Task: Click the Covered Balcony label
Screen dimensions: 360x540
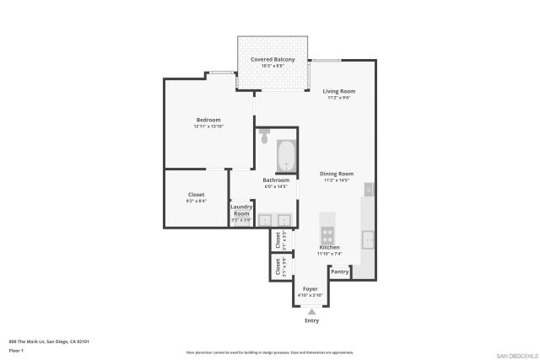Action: coord(273,59)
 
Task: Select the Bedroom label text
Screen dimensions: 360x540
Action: coord(208,121)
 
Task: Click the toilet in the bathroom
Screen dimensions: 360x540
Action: coord(264,135)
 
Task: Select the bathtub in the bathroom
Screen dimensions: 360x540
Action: coord(285,155)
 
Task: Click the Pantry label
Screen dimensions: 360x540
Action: coord(340,271)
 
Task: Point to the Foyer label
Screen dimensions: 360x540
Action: coord(311,289)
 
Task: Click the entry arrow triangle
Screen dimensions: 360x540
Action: coord(311,312)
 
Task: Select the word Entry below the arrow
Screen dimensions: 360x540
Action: coord(311,321)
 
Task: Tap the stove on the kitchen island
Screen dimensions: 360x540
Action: coord(327,234)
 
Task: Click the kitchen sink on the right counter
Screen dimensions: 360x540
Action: coord(369,239)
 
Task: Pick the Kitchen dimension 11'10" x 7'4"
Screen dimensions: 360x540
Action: coord(329,254)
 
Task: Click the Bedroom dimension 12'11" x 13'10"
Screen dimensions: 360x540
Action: coord(208,126)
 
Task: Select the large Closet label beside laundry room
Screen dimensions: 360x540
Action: coord(196,195)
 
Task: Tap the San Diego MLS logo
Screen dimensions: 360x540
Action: coord(513,353)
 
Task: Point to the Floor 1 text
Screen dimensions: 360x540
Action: coord(16,349)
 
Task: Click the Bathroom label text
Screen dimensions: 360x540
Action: coord(276,180)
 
